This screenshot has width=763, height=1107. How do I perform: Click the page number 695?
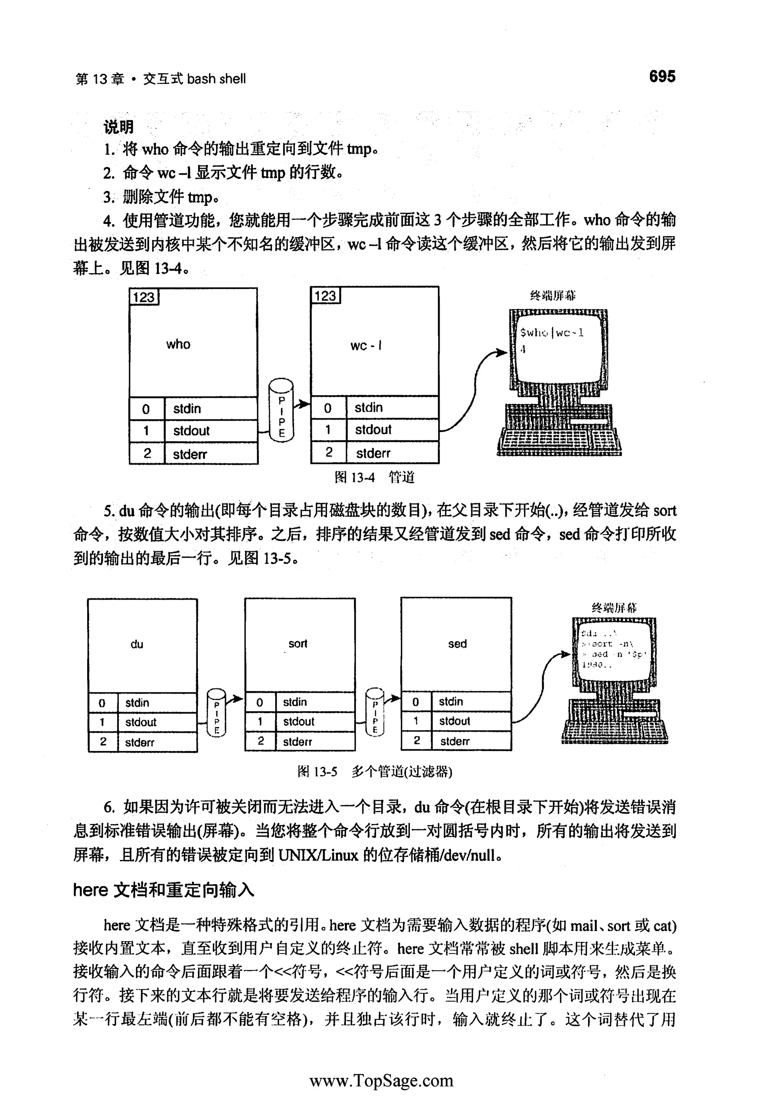coord(662,76)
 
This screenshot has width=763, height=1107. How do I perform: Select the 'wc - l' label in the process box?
coord(366,345)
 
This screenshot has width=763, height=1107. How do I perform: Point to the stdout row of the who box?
coord(191,431)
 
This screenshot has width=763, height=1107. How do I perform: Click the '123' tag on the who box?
coord(144,297)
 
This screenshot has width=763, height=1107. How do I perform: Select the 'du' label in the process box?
coord(137,644)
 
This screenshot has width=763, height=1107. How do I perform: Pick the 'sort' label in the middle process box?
coord(297,643)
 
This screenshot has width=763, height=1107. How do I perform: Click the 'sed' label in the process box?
coord(457,643)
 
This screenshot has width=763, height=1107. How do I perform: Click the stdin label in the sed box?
coord(451,701)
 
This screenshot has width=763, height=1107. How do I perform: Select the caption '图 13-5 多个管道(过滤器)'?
coord(374,771)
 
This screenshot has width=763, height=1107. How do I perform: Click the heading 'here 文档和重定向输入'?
coord(164,890)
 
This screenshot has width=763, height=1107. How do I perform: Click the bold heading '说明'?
coord(118,127)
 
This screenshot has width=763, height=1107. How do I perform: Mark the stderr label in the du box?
coord(140,742)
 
